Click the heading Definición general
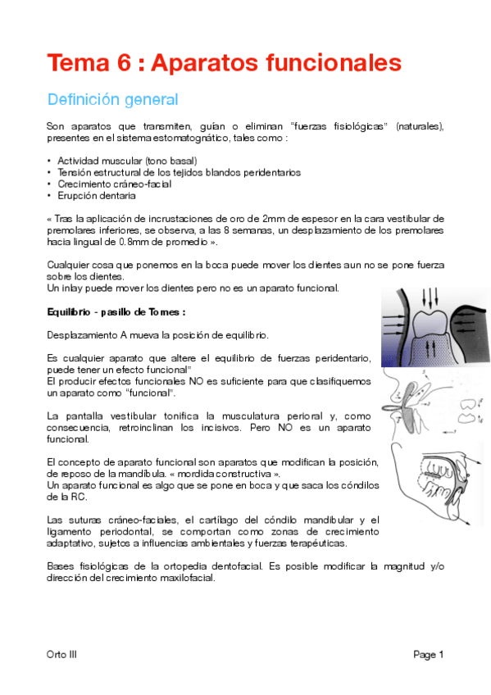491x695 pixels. (112, 100)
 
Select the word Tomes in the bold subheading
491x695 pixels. (166, 312)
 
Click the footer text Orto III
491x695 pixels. (62, 654)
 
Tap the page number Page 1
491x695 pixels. (428, 654)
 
